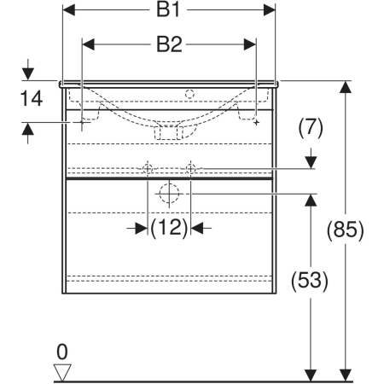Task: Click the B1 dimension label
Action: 168,10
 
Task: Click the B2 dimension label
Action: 169,44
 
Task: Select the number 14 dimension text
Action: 32,98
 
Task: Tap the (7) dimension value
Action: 311,127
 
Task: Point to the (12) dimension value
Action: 169,228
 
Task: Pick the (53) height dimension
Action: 310,280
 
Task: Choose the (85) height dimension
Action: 345,230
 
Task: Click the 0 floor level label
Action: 62,352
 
